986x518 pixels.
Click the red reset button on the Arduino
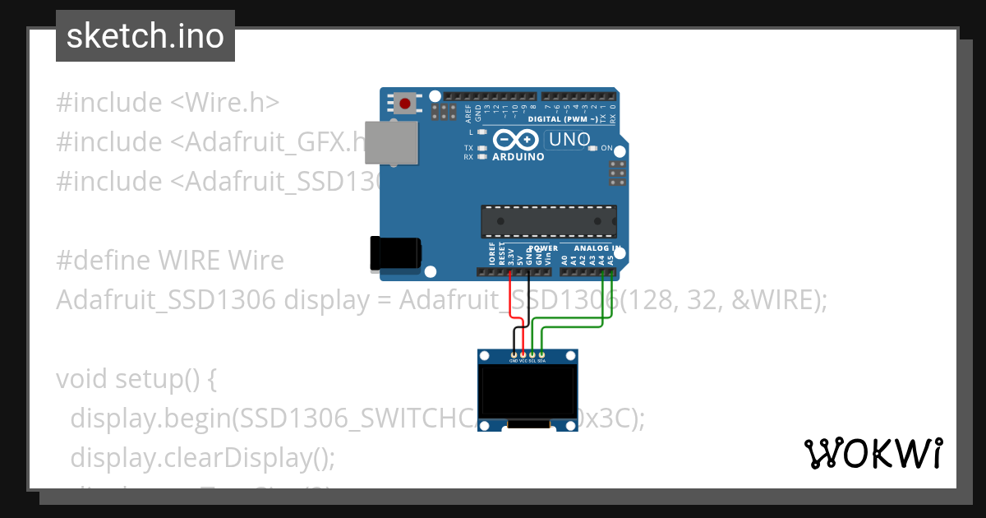tap(405, 104)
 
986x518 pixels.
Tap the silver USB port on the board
tap(385, 143)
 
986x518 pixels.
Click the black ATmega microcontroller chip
tap(548, 220)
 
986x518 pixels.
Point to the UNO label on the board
tap(569, 140)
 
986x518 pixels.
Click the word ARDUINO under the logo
tap(518, 157)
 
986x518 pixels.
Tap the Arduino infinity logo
tap(518, 139)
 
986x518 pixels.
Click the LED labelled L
tap(482, 132)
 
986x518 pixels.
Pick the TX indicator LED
tap(482, 148)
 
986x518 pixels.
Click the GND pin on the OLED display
tap(514, 354)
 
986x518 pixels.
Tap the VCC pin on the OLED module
tap(523, 354)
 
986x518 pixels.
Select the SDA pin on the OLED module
tap(541, 354)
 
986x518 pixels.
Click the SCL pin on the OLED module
tap(532, 354)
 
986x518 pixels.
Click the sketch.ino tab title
tap(145, 36)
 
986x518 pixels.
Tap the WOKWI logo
tap(873, 453)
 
